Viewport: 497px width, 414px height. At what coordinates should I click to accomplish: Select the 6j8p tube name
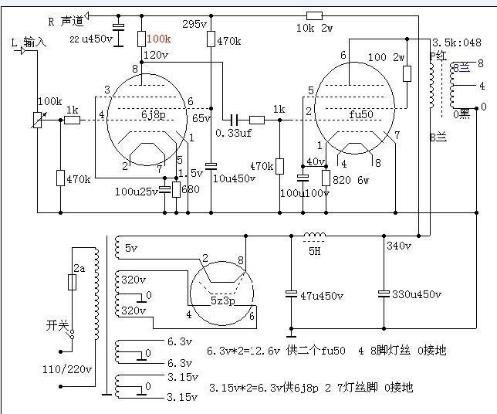153,116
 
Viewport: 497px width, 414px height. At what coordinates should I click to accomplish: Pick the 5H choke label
313,250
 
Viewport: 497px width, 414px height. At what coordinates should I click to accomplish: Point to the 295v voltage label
195,25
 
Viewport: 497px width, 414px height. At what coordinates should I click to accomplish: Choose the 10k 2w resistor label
313,29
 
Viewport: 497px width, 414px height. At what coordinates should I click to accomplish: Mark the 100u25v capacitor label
135,190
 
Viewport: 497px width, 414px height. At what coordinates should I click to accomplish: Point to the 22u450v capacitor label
91,39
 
